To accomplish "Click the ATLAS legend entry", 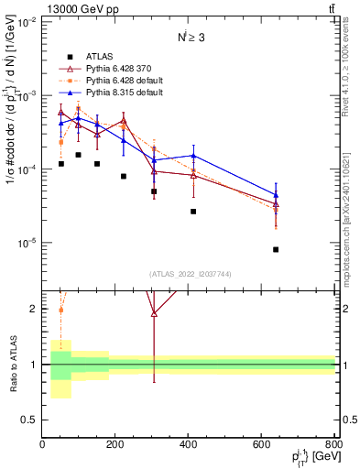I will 100,54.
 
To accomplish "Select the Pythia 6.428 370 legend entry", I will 122,68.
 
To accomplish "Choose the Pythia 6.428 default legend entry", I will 125,81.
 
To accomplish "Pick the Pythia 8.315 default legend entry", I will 125,93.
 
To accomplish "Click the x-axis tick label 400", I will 189,444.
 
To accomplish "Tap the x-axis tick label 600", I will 262,444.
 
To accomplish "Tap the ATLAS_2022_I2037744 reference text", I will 189,274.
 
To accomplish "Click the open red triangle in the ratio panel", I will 154,313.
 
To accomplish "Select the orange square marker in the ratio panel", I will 60,310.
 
